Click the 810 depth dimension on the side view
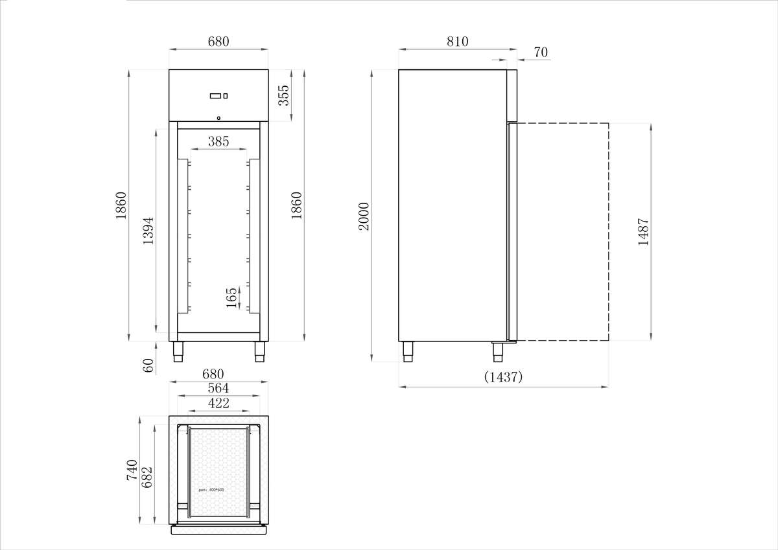click(457, 41)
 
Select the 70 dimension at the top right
click(541, 51)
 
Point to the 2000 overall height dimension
click(364, 216)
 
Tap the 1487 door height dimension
click(643, 231)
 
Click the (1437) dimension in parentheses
click(503, 377)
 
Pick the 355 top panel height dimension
click(283, 95)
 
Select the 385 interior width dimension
click(218, 141)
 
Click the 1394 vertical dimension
click(148, 230)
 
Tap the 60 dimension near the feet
click(148, 365)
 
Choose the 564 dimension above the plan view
click(218, 388)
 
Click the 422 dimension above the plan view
click(218, 403)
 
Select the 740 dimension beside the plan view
click(132, 470)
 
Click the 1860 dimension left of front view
click(121, 205)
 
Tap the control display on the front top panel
click(218, 96)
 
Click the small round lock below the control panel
click(218, 118)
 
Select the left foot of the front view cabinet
click(178, 352)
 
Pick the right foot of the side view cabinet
click(498, 352)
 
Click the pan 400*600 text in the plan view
click(212, 490)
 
